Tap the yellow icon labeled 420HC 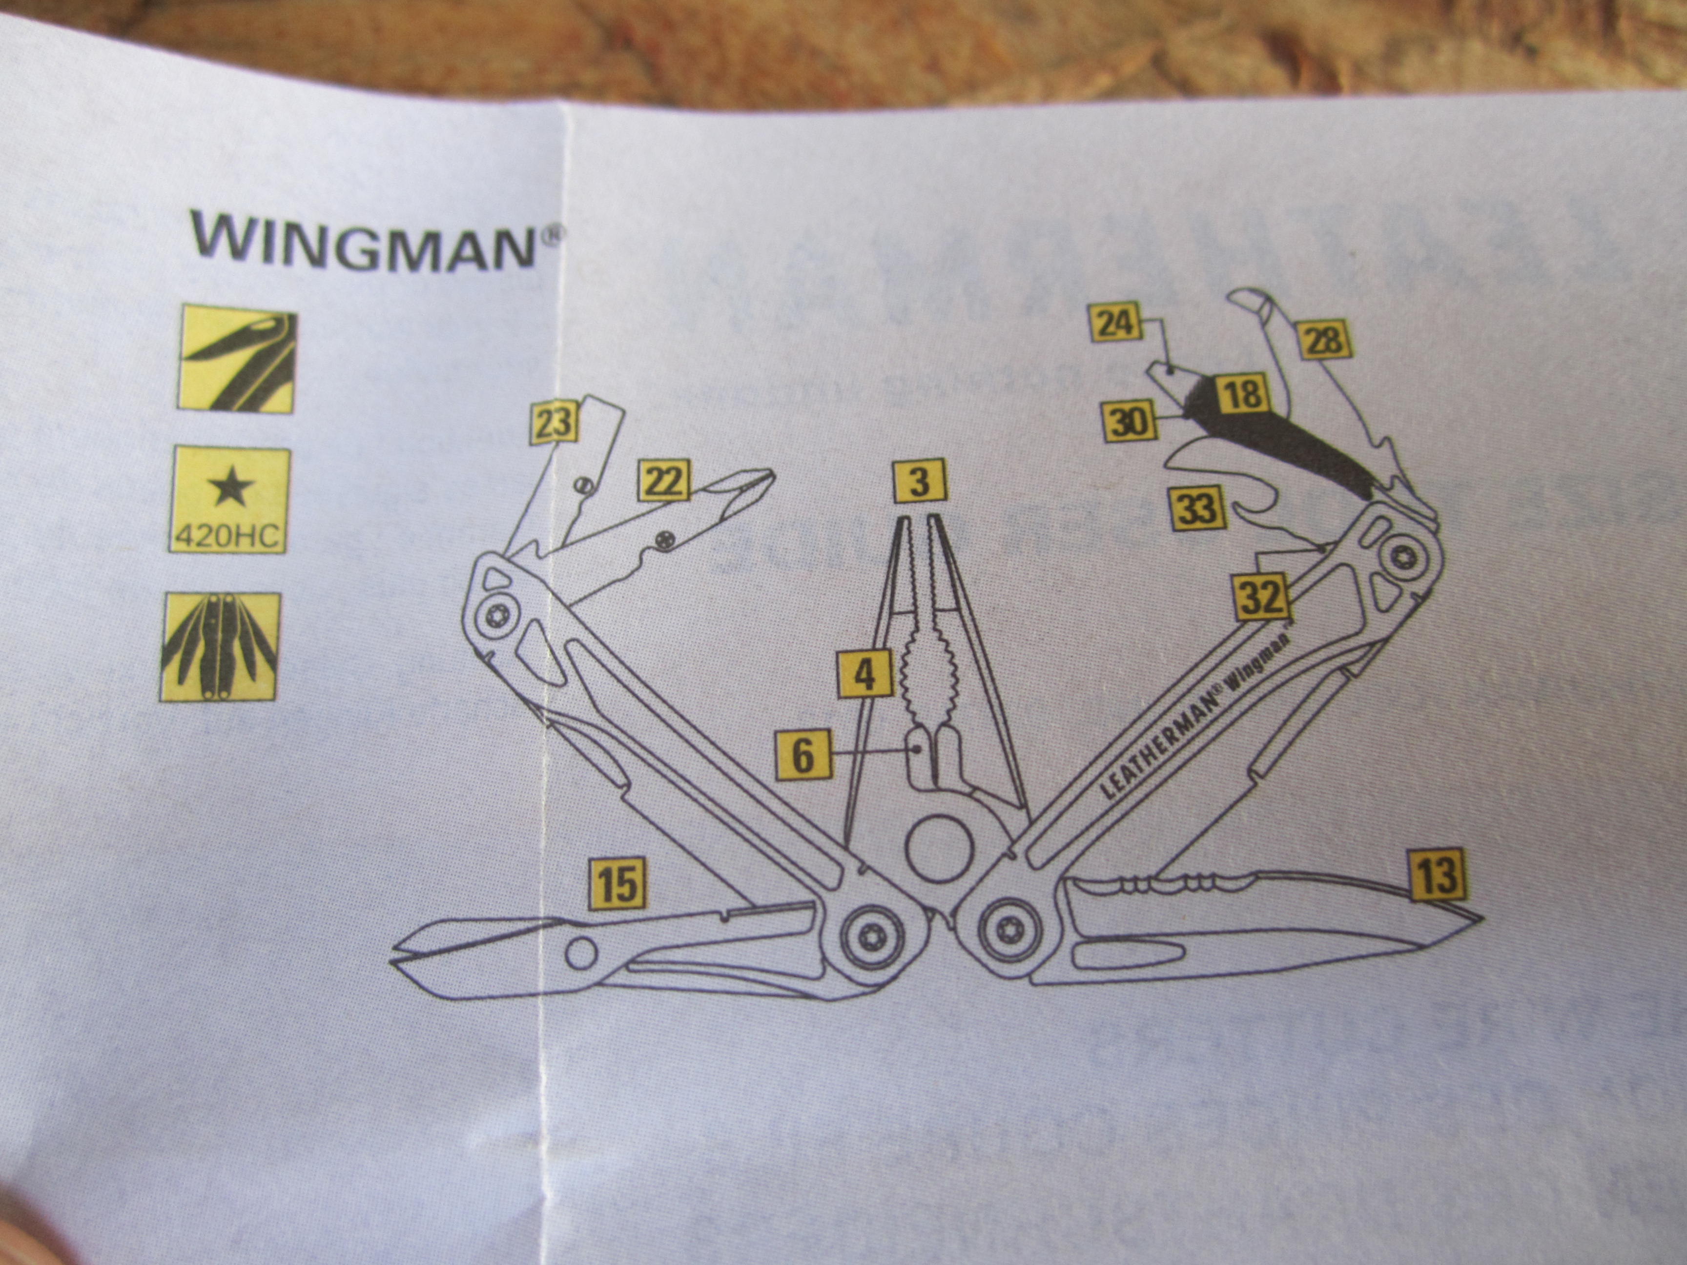[229, 499]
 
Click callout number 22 [665, 480]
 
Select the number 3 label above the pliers [920, 482]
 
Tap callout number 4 [864, 674]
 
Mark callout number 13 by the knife [1437, 875]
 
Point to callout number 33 [1196, 509]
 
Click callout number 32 [1263, 597]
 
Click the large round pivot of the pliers [940, 849]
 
